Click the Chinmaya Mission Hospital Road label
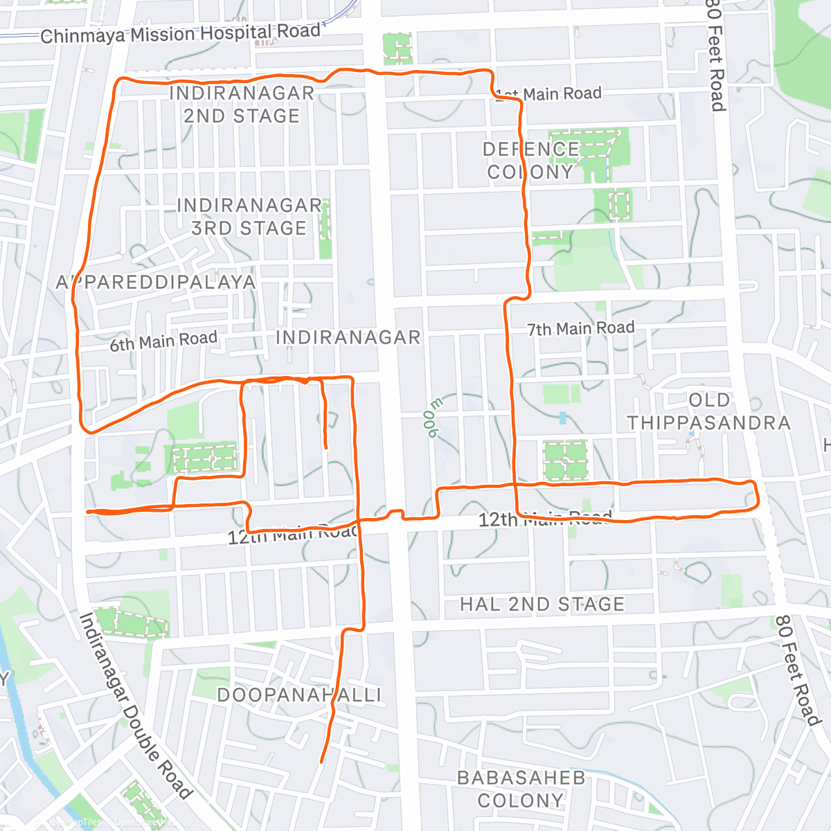click(180, 33)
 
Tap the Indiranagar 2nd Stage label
click(242, 105)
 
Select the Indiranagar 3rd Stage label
click(249, 217)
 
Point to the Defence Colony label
click(531, 161)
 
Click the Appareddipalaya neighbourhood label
click(156, 283)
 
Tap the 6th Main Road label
click(163, 341)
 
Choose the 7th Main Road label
click(580, 328)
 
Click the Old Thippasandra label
click(708, 412)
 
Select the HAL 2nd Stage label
click(542, 605)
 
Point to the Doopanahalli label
click(299, 695)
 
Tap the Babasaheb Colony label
click(521, 789)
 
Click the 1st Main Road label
click(548, 94)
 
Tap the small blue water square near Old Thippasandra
click(562, 418)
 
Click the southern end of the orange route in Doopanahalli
click(321, 762)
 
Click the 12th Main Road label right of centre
click(546, 519)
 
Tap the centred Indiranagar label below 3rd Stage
click(348, 338)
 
